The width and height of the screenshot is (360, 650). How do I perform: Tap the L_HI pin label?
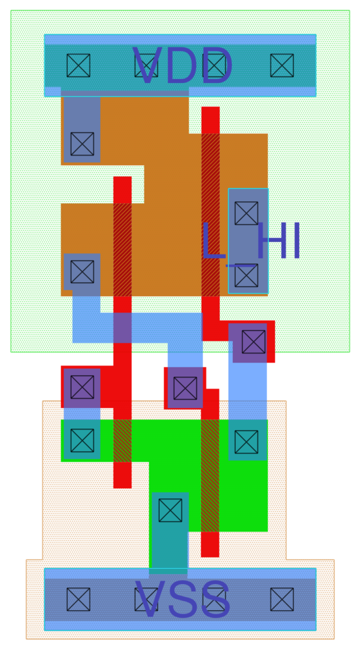click(250, 242)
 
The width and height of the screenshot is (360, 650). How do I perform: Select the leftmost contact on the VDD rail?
click(78, 65)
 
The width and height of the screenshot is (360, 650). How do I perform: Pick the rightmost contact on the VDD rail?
click(282, 65)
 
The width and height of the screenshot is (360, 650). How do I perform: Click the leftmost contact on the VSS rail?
click(78, 599)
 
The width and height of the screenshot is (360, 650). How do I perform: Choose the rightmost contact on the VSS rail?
click(282, 599)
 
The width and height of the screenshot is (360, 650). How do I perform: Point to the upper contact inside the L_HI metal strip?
click(246, 213)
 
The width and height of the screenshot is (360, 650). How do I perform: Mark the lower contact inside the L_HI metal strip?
click(246, 275)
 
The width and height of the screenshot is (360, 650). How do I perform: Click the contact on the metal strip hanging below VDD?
click(82, 144)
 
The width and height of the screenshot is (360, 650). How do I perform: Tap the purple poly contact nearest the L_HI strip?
click(254, 342)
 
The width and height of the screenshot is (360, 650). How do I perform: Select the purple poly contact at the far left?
click(82, 387)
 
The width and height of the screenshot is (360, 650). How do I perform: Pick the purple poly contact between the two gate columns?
click(185, 388)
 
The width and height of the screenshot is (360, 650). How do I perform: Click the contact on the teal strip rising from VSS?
click(170, 510)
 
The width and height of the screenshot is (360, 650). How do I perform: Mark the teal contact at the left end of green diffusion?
click(82, 441)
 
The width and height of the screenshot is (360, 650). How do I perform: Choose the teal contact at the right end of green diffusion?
click(246, 442)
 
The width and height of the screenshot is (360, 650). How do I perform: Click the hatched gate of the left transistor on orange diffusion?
click(122, 249)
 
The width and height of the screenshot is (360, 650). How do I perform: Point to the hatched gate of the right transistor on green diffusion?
click(210, 476)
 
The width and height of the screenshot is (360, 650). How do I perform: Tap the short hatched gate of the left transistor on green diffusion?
click(122, 441)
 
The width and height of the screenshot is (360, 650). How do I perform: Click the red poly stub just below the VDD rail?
click(210, 120)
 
